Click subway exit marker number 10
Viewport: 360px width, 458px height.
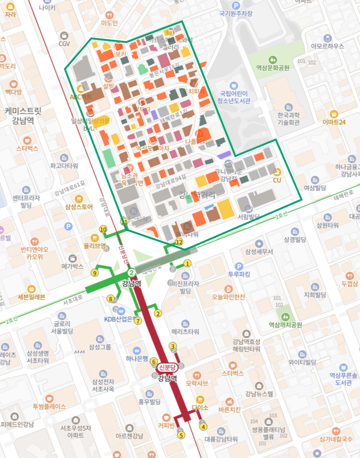coord(103,229)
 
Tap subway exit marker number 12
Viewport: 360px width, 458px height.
coord(179,242)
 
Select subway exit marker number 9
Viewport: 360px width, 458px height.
coord(95,273)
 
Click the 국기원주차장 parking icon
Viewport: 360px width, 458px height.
coord(235,5)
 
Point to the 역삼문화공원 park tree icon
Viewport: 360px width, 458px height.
coord(273,60)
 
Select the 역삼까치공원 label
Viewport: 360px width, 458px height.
coord(285,325)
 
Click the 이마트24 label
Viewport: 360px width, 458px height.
coord(334,122)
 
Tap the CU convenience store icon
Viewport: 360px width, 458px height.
coord(277,171)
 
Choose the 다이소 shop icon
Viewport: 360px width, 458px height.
coord(200,399)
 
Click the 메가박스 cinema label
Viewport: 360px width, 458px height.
coord(72,266)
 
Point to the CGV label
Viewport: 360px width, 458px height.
coord(64,44)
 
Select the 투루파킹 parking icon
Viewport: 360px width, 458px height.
coord(236,266)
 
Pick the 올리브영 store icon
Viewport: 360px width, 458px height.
coord(95,238)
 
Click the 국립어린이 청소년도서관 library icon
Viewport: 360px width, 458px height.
coord(233,86)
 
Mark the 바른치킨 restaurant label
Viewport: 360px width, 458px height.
coord(230,409)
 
